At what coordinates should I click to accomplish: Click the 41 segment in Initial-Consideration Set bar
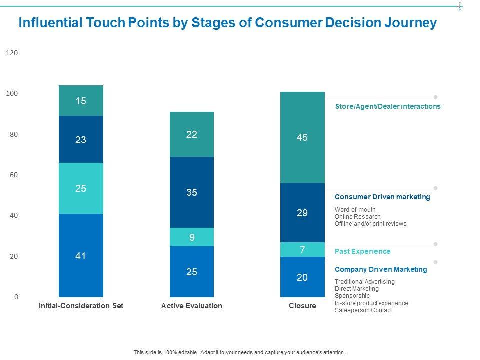(x=81, y=255)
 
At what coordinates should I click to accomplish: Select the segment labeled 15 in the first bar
(x=81, y=101)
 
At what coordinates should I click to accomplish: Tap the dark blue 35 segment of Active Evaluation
(x=192, y=192)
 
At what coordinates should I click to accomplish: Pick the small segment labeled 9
(x=192, y=237)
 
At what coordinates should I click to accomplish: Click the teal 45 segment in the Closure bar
(x=302, y=138)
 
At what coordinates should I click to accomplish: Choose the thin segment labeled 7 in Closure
(x=302, y=250)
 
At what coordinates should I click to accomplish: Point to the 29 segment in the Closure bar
(x=302, y=213)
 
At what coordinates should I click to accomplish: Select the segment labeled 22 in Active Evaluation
(x=192, y=134)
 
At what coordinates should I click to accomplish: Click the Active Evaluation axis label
(x=192, y=306)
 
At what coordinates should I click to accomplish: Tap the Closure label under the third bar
(x=302, y=306)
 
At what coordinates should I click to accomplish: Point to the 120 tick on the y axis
(x=12, y=53)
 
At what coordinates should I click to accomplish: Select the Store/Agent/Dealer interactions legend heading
(x=388, y=106)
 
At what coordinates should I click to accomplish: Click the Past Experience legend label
(x=362, y=251)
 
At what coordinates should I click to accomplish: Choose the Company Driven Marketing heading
(x=381, y=269)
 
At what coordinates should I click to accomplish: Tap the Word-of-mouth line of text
(x=355, y=210)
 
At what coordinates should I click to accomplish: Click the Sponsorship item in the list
(x=352, y=296)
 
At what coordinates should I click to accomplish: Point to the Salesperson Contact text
(x=363, y=310)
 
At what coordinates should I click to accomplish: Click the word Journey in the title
(x=412, y=23)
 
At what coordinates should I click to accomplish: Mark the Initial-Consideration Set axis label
(x=81, y=306)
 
